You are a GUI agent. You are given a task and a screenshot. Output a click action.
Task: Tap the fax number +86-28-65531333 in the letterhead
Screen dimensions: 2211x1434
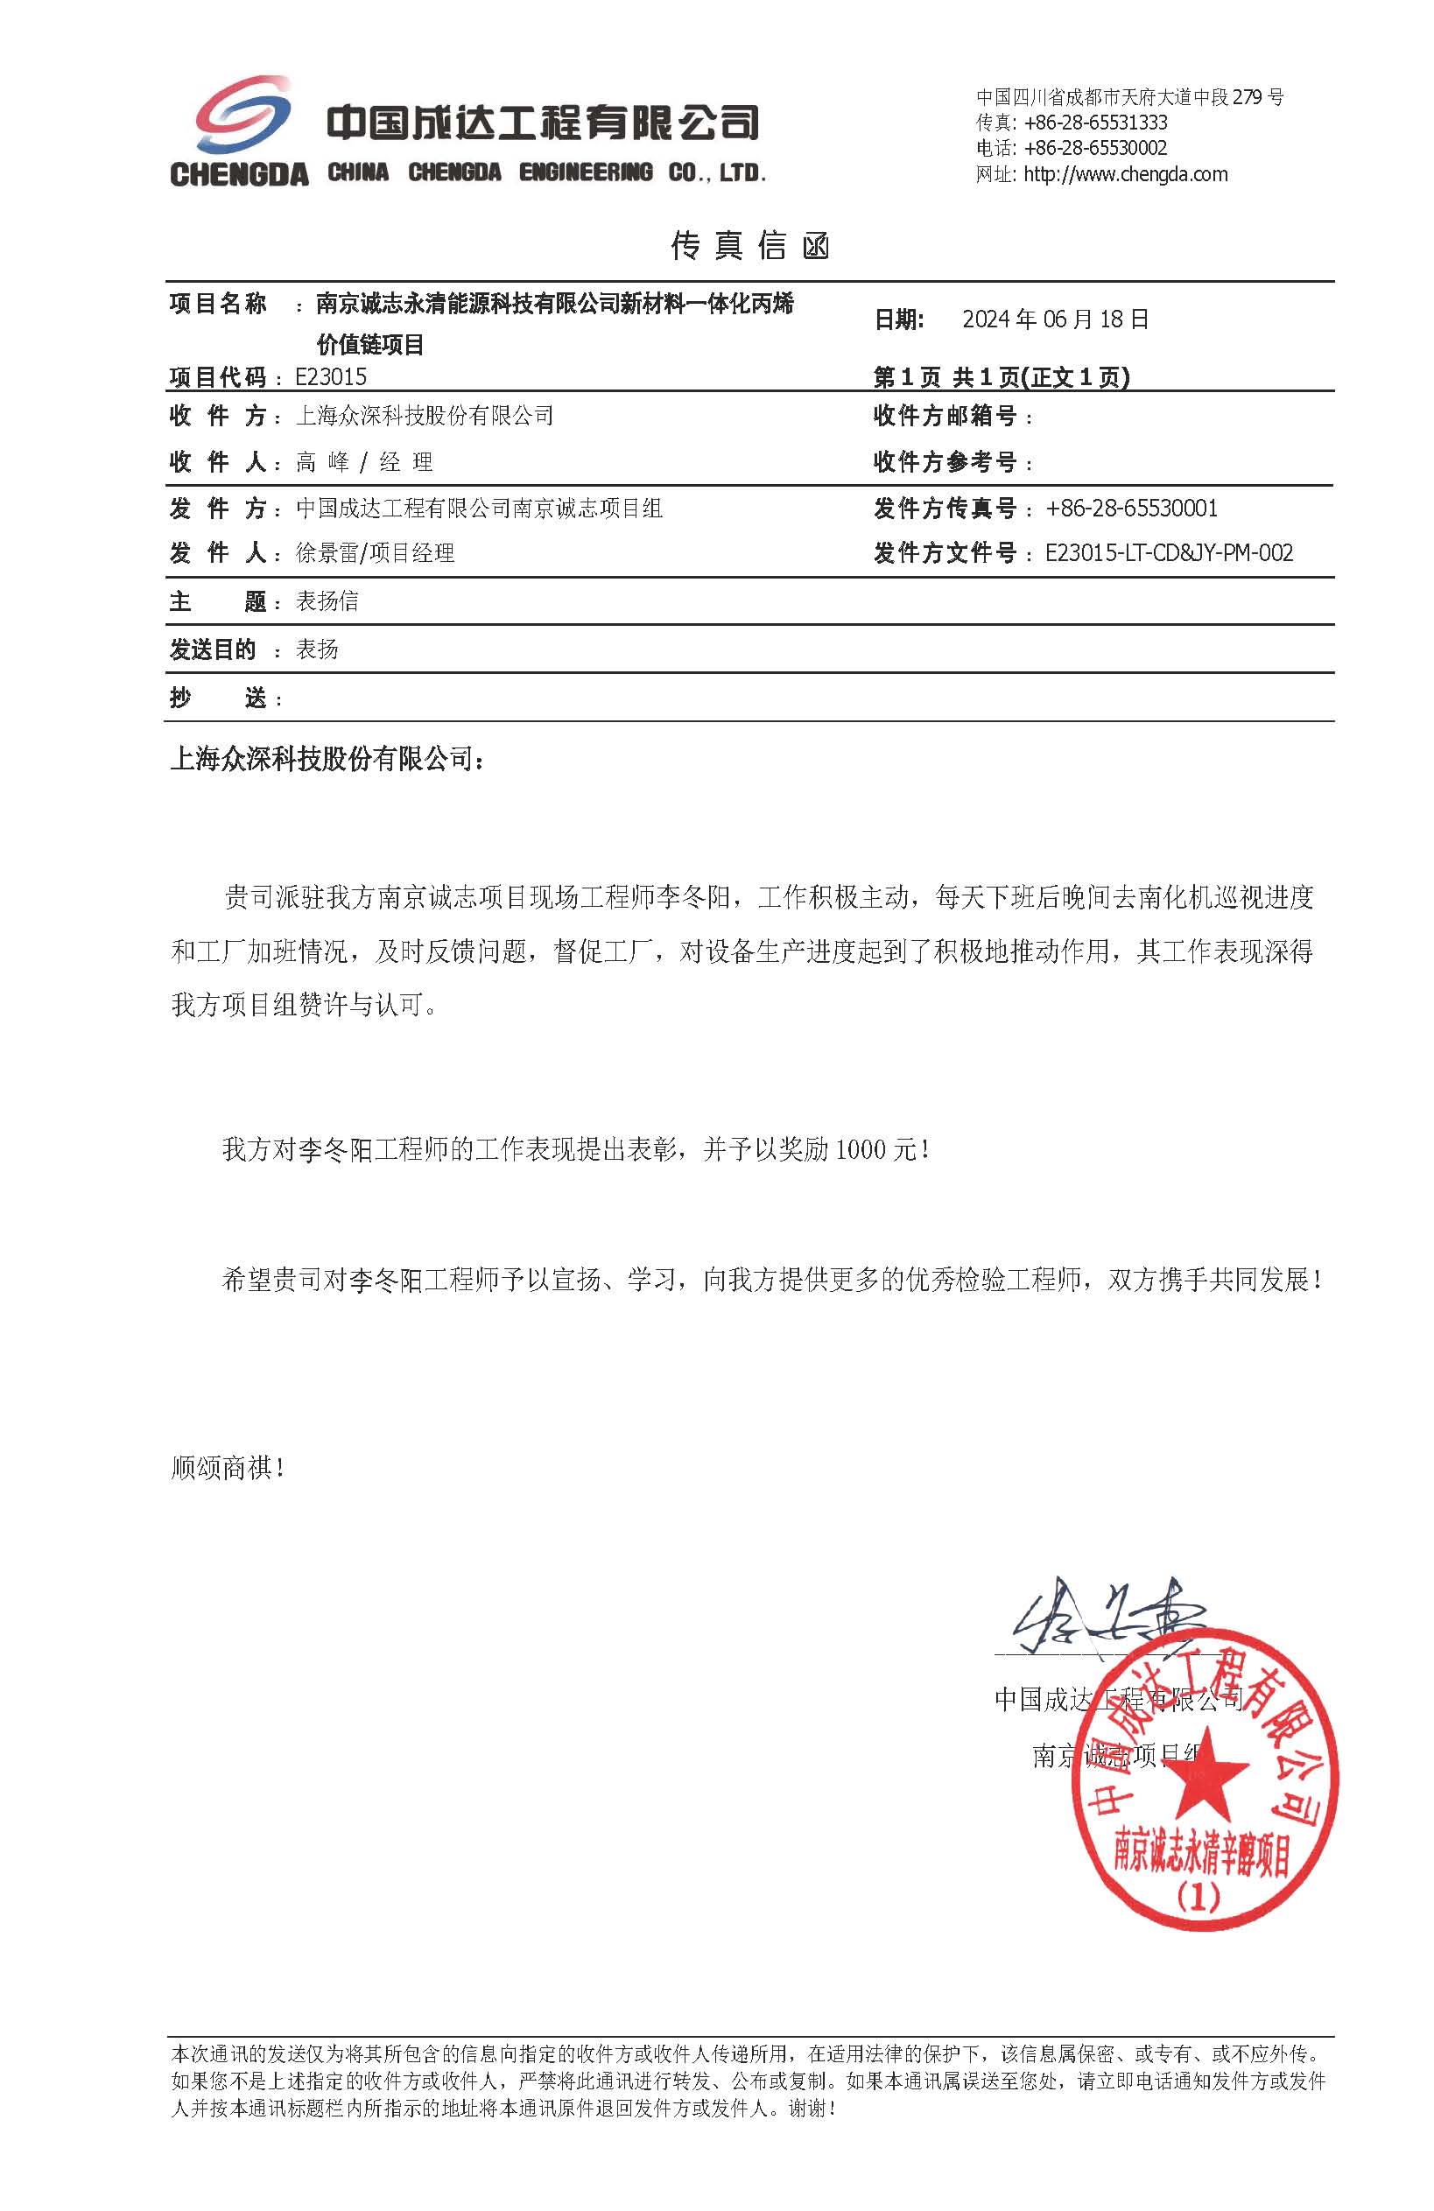(1095, 123)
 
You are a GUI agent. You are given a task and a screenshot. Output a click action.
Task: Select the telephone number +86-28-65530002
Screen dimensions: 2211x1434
(1095, 149)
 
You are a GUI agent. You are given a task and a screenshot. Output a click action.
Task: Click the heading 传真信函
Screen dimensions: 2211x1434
(749, 245)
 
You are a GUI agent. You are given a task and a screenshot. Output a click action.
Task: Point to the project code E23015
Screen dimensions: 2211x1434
(331, 376)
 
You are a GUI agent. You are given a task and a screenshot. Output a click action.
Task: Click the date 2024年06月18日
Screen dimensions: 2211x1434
(1056, 319)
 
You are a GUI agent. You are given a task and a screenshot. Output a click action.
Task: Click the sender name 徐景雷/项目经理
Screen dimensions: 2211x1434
(375, 553)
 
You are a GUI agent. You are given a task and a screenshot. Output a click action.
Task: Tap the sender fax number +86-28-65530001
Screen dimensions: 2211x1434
(1131, 509)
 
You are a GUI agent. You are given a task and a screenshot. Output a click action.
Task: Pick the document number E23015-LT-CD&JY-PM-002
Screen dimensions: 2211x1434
(1168, 553)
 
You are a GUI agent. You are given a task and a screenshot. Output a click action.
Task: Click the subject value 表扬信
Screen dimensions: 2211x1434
(327, 601)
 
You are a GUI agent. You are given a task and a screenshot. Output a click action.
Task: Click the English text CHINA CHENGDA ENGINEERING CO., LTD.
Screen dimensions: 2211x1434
(546, 172)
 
